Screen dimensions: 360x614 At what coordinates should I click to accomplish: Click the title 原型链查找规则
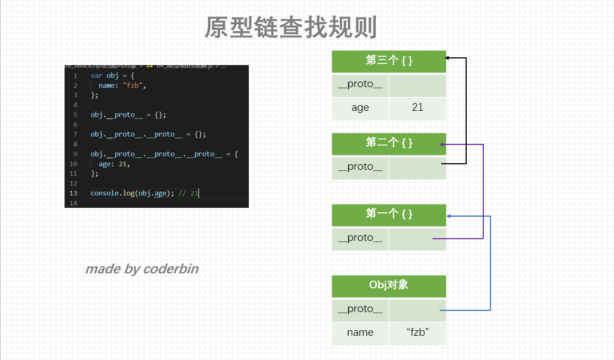(291, 27)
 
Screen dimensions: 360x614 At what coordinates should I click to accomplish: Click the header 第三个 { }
(389, 61)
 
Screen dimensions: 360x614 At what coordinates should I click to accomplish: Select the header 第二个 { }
(389, 143)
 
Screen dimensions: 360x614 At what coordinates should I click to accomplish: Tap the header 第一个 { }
(389, 214)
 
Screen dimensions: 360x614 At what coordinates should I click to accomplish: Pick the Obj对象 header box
(389, 286)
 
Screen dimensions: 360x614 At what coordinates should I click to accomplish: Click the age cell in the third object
(360, 108)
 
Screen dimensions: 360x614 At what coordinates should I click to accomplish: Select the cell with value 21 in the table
(418, 108)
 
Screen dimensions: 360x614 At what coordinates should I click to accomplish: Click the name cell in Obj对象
(360, 333)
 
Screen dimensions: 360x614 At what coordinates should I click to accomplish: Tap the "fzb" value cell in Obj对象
(418, 333)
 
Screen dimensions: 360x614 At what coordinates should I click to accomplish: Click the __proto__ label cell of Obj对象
(360, 309)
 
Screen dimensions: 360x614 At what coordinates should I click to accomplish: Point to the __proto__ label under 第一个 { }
(360, 238)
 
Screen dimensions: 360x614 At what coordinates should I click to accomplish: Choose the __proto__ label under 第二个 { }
(360, 167)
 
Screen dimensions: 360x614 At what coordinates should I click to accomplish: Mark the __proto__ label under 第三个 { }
(360, 85)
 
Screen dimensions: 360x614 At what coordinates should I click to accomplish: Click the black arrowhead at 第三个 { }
(447, 57)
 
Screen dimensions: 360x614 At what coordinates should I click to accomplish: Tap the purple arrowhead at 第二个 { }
(442, 144)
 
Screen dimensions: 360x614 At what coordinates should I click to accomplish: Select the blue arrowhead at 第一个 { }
(449, 216)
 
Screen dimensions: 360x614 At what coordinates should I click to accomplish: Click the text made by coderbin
(142, 269)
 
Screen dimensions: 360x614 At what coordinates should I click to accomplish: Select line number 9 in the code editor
(75, 154)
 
